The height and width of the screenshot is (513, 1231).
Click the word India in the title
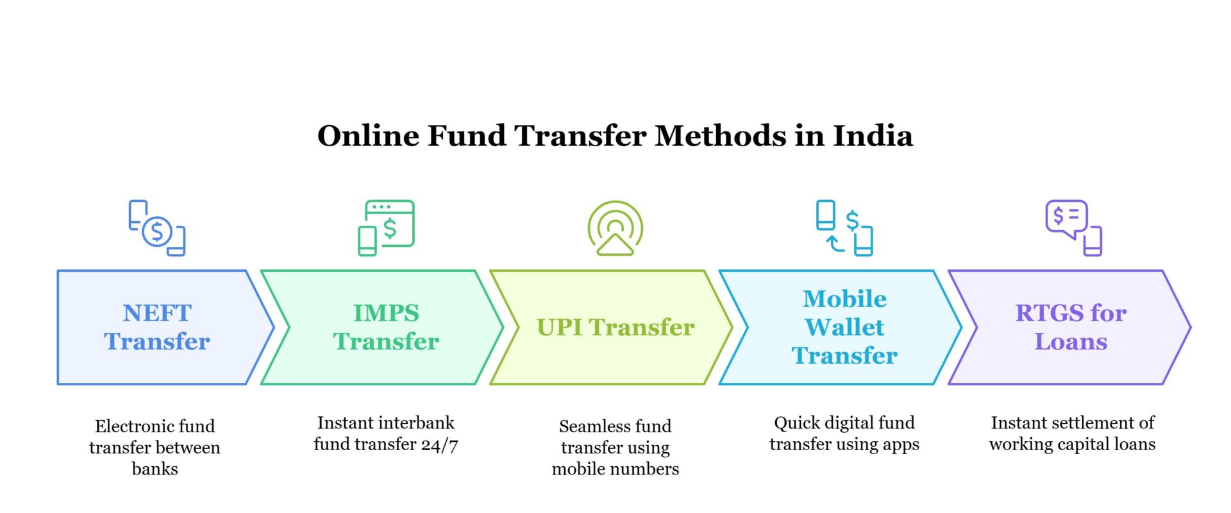(873, 136)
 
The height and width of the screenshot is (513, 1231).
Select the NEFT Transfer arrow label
(157, 327)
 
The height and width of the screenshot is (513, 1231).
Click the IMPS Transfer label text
(386, 327)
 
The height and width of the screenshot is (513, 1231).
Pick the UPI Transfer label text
(615, 327)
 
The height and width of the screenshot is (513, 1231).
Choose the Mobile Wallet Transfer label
(844, 327)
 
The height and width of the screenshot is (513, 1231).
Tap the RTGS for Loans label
(1071, 327)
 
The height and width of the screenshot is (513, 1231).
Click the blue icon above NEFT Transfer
(157, 228)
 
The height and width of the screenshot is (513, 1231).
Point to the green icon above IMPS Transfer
(386, 228)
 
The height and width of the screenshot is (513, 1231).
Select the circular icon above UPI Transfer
(615, 228)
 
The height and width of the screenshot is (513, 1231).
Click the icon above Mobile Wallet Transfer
(844, 228)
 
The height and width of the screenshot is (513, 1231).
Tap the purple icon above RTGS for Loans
(1073, 228)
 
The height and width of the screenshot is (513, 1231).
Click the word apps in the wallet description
(901, 444)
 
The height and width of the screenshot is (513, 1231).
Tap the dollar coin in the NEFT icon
(157, 231)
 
